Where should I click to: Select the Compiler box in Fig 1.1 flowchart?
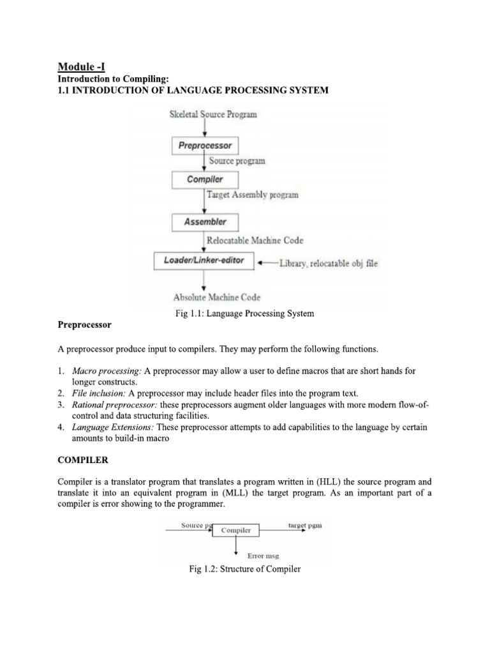point(204,179)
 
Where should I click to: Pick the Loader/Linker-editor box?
point(204,261)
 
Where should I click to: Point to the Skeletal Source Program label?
point(213,115)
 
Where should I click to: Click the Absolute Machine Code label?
point(217,297)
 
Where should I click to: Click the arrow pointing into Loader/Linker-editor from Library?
point(267,262)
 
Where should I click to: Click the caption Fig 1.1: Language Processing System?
point(245,313)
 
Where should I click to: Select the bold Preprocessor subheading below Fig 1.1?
point(85,325)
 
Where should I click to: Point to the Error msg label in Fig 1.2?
point(264,556)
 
